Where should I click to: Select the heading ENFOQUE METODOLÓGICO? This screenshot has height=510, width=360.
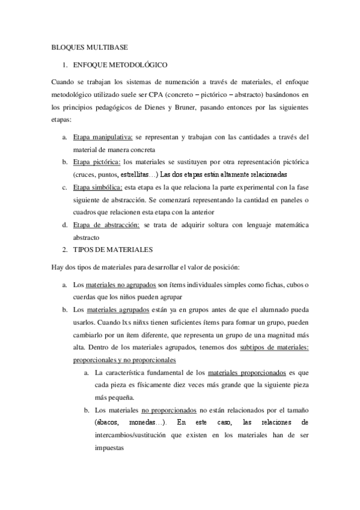(x=120, y=64)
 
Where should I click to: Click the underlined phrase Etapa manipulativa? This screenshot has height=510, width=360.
(x=102, y=138)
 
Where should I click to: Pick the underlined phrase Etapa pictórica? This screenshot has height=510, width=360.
(x=96, y=162)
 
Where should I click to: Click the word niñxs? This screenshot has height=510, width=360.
(x=142, y=322)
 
